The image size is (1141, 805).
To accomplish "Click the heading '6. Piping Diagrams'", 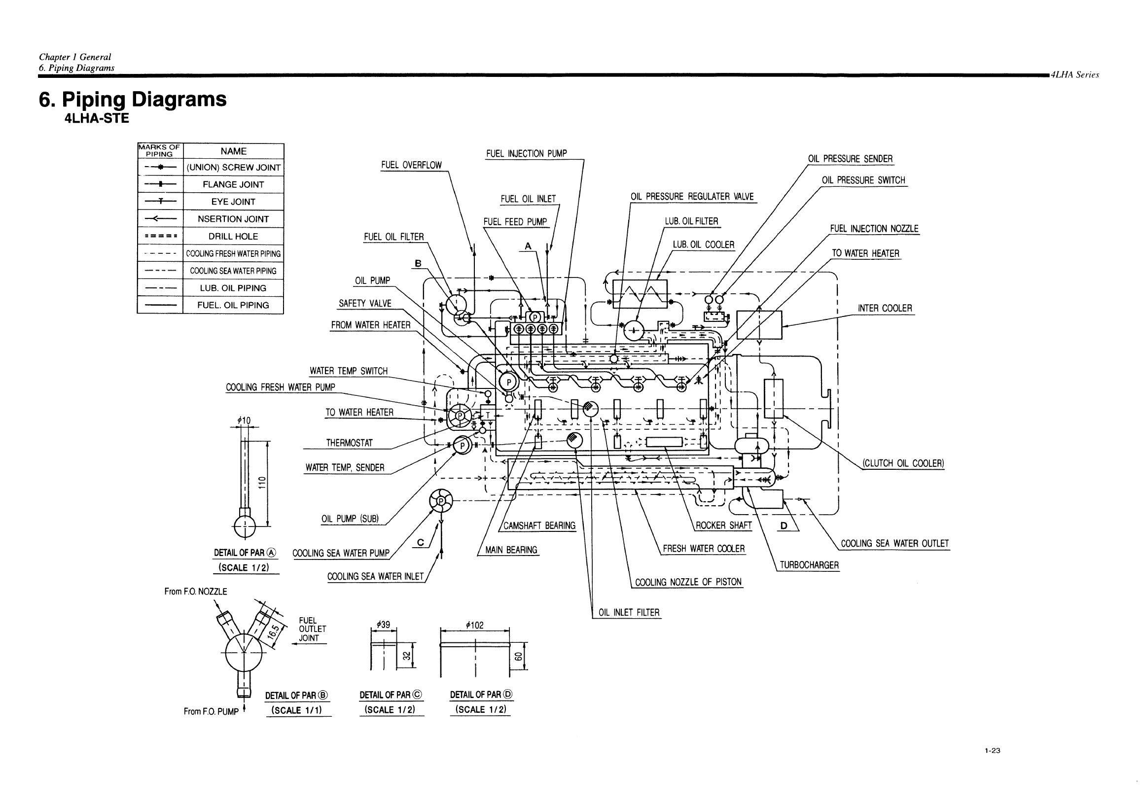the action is point(133,100).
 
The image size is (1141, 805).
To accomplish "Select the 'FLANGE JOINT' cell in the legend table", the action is point(233,184).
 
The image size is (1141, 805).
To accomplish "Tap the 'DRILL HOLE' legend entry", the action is point(233,237).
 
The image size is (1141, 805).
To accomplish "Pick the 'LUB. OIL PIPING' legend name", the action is point(233,288).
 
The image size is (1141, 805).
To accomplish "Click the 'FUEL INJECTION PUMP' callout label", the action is point(526,153).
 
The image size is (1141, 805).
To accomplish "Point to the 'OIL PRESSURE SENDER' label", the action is point(850,159).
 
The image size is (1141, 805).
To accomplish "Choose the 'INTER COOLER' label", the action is point(885,308).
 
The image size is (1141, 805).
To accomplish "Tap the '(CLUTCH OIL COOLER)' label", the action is point(903,463).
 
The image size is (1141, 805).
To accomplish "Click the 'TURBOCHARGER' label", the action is point(809,565).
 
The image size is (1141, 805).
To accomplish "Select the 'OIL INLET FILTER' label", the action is point(629,613).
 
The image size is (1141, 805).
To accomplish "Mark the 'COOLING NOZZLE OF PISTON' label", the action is point(688,582).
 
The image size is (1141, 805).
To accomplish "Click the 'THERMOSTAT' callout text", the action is point(350,443).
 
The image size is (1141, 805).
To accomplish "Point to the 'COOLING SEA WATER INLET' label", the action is point(375,576).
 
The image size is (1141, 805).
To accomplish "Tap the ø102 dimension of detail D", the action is point(474,625).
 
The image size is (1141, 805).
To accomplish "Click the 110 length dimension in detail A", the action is point(262,483).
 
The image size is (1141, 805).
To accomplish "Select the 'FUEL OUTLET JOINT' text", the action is point(313,629).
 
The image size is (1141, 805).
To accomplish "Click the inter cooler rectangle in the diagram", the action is point(759,325).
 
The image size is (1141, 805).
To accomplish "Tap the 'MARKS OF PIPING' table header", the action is point(160,150).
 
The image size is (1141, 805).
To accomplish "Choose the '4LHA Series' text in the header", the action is point(1075,75).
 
